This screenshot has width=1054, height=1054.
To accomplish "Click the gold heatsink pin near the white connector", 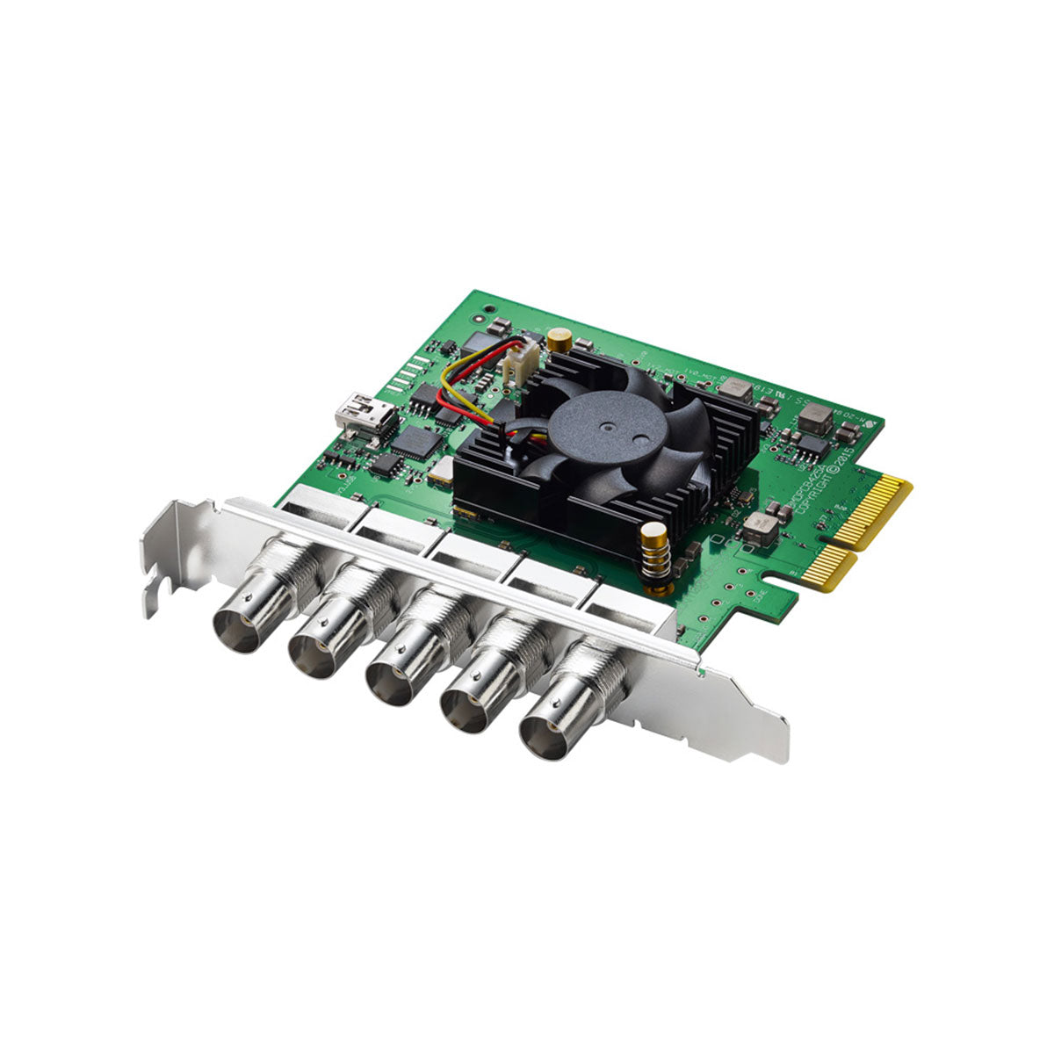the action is click(556, 339).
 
